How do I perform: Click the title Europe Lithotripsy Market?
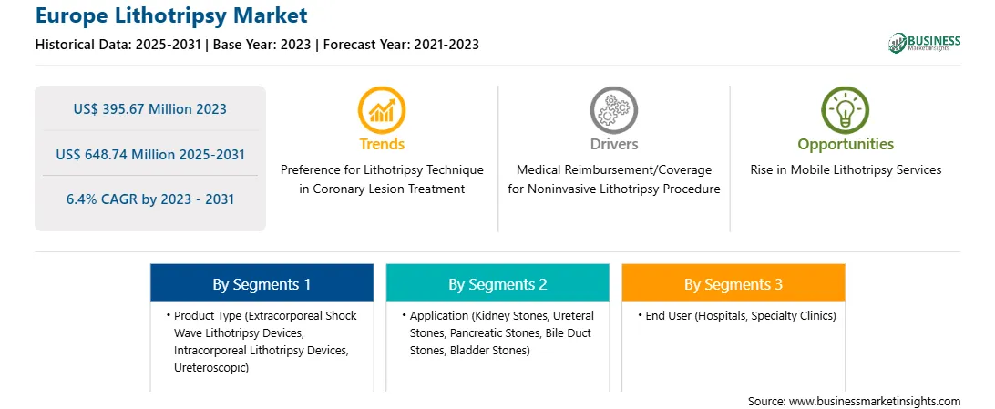point(171,15)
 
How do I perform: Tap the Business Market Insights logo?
point(924,43)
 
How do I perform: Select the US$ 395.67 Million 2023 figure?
point(149,109)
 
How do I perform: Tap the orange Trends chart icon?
point(382,109)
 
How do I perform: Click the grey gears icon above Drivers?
point(613,109)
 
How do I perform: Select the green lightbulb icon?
point(846,109)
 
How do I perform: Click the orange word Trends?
point(382,145)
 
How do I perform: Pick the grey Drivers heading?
point(613,145)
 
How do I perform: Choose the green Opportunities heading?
point(846,145)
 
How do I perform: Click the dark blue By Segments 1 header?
point(262,282)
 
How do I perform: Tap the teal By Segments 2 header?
point(497,282)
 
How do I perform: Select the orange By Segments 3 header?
point(733,282)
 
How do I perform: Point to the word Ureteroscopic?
point(210,368)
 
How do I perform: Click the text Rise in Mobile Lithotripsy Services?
point(846,170)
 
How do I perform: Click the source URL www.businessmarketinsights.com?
point(875,402)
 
